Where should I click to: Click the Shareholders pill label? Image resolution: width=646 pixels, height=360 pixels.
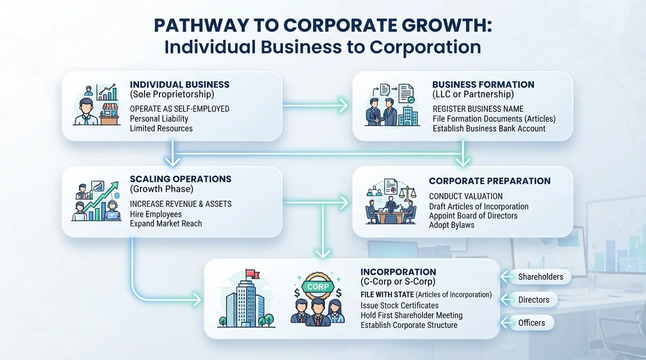point(541,277)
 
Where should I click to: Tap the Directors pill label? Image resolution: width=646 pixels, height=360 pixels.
point(533,300)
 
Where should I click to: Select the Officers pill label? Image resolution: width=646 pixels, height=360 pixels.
point(531,323)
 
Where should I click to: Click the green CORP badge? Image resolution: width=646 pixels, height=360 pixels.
point(318,286)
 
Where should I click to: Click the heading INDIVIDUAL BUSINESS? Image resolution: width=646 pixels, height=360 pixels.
point(180,85)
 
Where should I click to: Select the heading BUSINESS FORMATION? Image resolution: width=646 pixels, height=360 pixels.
point(483,85)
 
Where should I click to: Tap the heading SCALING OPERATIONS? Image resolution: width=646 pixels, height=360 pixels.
point(181,179)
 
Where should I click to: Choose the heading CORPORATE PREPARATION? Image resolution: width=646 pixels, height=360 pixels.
point(490,181)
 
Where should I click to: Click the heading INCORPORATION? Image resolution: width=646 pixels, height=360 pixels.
point(398,272)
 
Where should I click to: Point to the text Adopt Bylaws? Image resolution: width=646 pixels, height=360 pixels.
point(452,225)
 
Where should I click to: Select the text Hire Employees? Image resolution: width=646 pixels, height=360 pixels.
point(156,214)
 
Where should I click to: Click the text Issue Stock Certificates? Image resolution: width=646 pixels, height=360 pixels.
point(399,305)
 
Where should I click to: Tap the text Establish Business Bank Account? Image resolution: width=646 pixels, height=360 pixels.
point(489,129)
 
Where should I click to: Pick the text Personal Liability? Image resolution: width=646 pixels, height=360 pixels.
point(159,118)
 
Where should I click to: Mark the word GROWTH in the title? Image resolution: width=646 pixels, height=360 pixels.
point(447,25)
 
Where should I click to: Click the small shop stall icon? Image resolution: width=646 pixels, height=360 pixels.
point(110,114)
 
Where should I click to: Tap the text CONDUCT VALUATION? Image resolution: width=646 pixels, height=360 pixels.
point(466,197)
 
